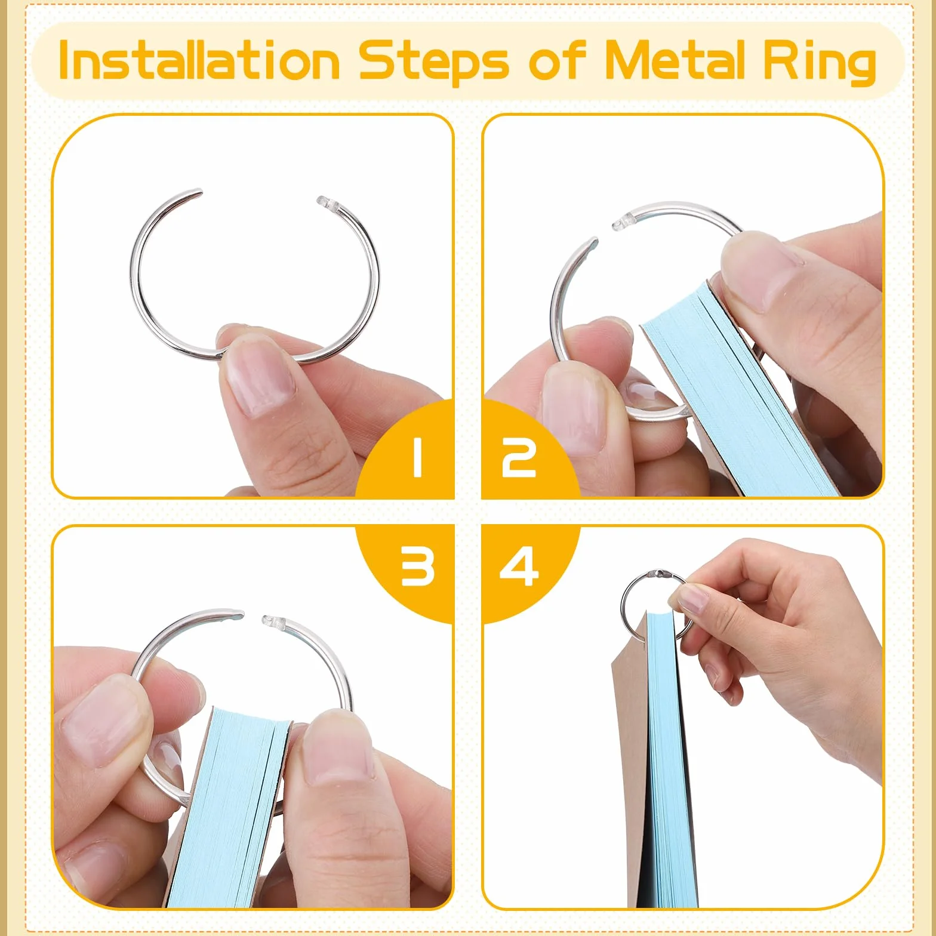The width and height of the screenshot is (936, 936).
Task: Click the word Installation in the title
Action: [x=199, y=61]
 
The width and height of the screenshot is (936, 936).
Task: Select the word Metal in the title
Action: [x=675, y=60]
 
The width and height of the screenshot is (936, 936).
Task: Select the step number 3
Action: [x=417, y=566]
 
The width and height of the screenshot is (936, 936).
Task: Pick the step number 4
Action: [x=519, y=566]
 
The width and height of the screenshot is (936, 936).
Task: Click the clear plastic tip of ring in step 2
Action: [x=623, y=220]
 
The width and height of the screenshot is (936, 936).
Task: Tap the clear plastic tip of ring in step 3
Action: [x=272, y=623]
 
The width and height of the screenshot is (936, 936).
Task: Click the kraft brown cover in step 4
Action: [x=630, y=764]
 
